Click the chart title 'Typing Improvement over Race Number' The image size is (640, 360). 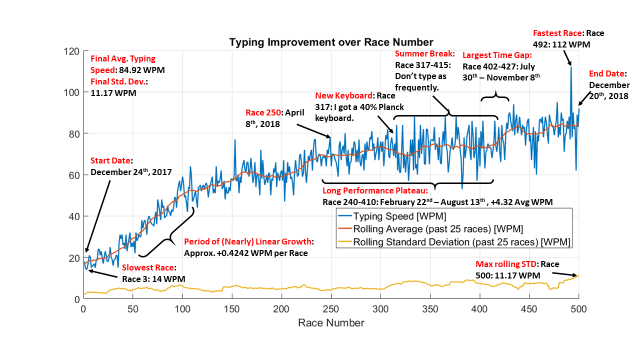click(331, 42)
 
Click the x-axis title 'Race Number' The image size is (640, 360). click(331, 323)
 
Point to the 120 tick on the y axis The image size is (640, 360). click(71, 51)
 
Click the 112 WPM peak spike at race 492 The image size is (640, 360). click(571, 67)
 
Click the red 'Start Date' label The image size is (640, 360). click(110, 161)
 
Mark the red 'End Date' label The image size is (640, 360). click(607, 74)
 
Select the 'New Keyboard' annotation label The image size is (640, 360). click(344, 95)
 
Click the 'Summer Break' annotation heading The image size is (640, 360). click(424, 53)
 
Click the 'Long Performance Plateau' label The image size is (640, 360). click(375, 191)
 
